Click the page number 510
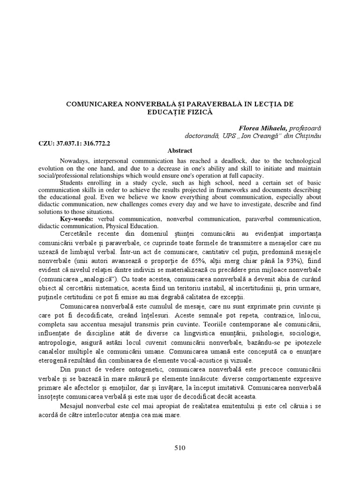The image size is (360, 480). point(180,448)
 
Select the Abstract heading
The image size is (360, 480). point(180,150)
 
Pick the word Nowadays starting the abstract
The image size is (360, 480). point(76,160)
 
